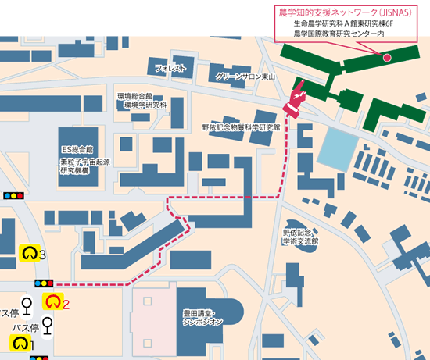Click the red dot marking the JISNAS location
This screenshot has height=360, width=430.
click(386, 57)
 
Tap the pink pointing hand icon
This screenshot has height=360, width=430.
click(296, 102)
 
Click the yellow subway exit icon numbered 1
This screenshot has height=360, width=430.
click(20, 343)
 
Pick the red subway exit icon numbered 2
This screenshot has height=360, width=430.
click(53, 301)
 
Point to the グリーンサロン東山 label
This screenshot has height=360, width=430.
click(243, 77)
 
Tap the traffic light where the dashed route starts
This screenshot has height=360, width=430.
click(44, 284)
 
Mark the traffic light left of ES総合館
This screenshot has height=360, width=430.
click(14, 196)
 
